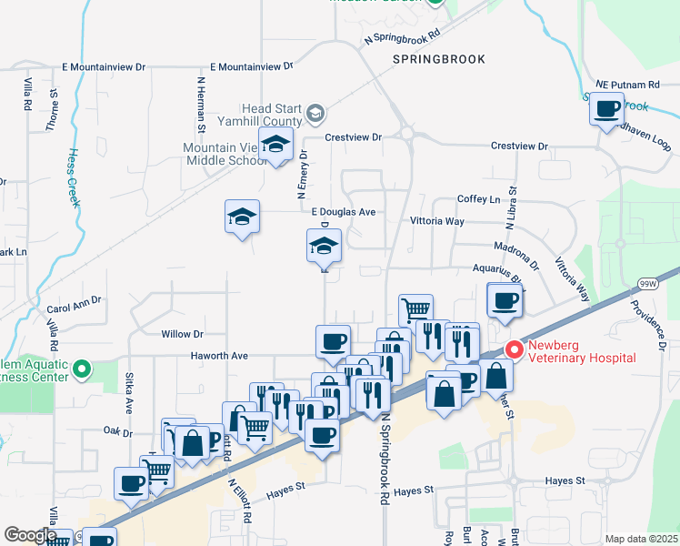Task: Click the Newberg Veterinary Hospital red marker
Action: (515, 349)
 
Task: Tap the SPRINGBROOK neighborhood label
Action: (439, 59)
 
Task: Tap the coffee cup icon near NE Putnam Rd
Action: (606, 110)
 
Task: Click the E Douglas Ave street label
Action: (343, 212)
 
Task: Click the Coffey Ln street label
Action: (478, 199)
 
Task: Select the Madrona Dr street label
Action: (517, 252)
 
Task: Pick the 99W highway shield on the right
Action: (647, 283)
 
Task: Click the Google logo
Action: (29, 535)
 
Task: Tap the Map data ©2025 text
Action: (642, 539)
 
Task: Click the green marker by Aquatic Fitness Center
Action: (82, 369)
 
